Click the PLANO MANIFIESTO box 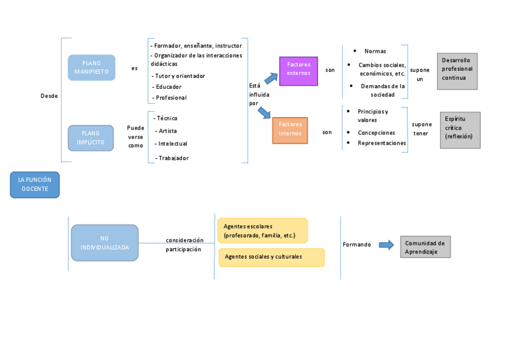click(x=91, y=67)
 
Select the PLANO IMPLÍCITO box click(x=91, y=138)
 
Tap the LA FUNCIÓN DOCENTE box click(x=35, y=184)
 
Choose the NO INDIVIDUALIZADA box click(x=104, y=242)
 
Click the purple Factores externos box click(x=298, y=71)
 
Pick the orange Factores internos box click(x=290, y=130)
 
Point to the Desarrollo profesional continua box click(x=457, y=71)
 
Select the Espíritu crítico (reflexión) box click(x=460, y=130)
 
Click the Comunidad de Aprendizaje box click(x=426, y=247)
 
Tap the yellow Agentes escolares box click(x=262, y=230)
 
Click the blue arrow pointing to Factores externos click(x=271, y=78)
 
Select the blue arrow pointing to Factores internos click(x=265, y=112)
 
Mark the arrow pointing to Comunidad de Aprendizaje click(x=386, y=244)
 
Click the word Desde click(x=49, y=96)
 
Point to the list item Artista click(x=167, y=131)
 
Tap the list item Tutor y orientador click(x=180, y=76)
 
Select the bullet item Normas click(x=375, y=52)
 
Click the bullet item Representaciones click(x=382, y=143)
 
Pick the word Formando click(x=357, y=245)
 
